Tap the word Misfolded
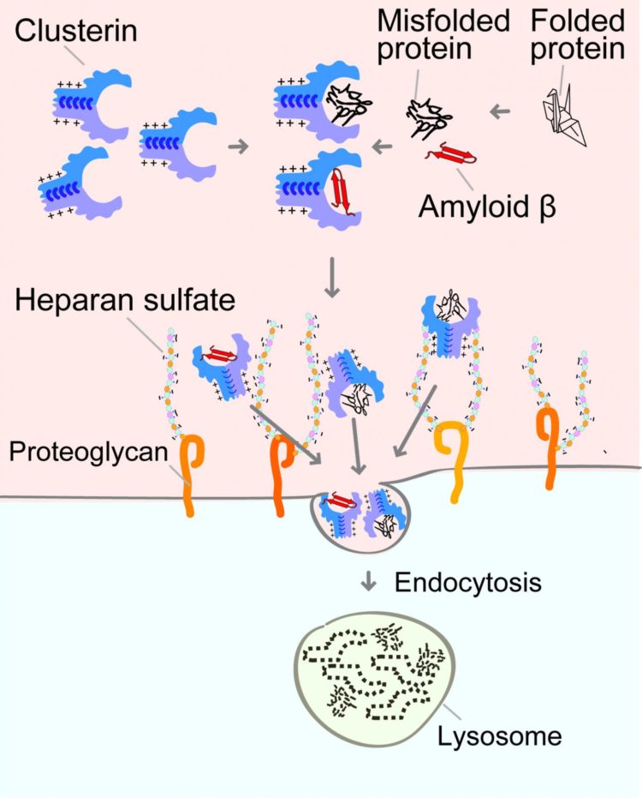click(459, 20)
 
